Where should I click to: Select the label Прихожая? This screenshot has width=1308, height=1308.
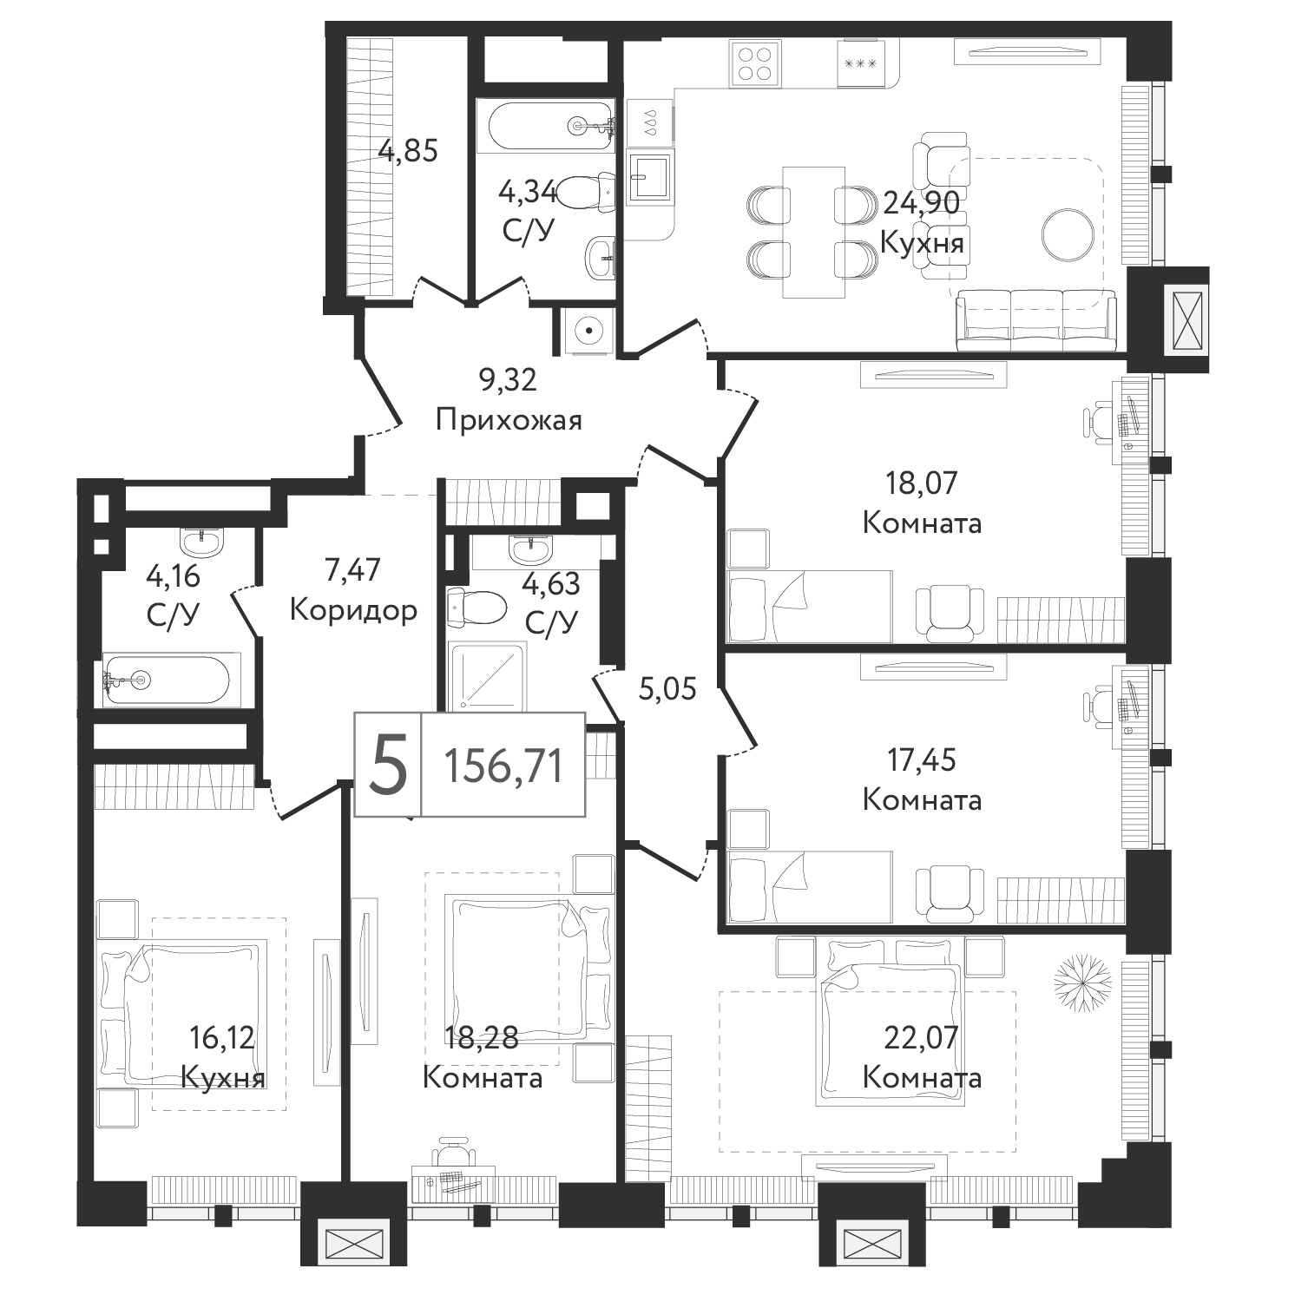pos(509,421)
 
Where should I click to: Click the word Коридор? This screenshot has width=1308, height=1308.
pos(353,610)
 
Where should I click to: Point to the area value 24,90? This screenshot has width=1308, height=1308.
pos(922,202)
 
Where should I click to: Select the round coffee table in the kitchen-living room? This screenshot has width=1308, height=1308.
pos(1068,234)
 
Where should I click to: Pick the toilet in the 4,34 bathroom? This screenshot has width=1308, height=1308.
pos(583,193)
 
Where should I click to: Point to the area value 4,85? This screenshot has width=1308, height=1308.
pos(407,151)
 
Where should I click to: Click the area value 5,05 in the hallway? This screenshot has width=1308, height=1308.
pos(667,690)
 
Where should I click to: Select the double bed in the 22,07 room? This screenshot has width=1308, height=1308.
pos(890,1022)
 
